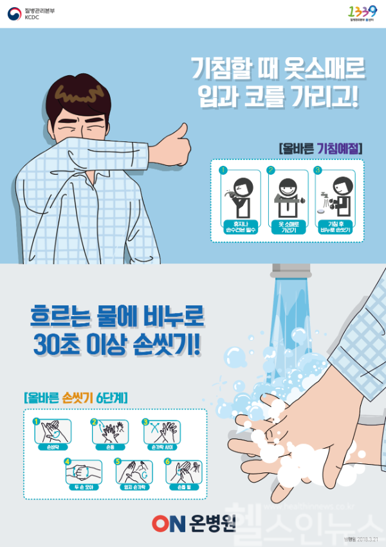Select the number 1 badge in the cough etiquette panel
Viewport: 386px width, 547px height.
tap(223, 170)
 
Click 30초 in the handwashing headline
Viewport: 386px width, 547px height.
tap(55, 345)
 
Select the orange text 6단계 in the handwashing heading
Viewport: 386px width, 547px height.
tap(109, 397)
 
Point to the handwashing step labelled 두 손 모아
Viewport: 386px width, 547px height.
tap(84, 486)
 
